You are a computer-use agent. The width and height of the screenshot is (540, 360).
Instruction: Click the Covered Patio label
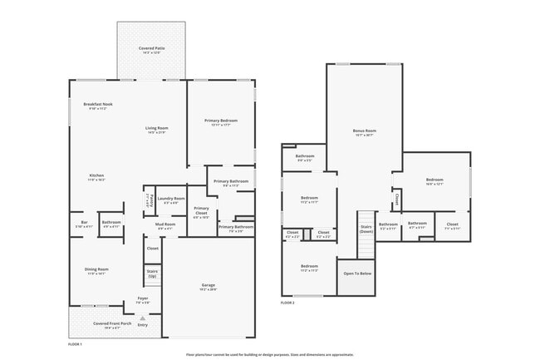pyautogui.click(x=150, y=50)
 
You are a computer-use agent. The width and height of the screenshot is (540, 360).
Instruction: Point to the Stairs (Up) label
pyautogui.click(x=152, y=274)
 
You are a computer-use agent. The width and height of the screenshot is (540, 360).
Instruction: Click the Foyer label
pyautogui.click(x=142, y=301)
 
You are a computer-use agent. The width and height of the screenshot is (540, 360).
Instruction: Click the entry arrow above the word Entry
pyautogui.click(x=142, y=318)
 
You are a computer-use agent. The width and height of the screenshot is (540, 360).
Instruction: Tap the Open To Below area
pyautogui.click(x=357, y=273)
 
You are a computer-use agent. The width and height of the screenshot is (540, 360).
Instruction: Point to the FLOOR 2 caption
pyautogui.click(x=287, y=303)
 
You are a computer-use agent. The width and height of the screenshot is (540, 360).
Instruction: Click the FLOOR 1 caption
pyautogui.click(x=75, y=343)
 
